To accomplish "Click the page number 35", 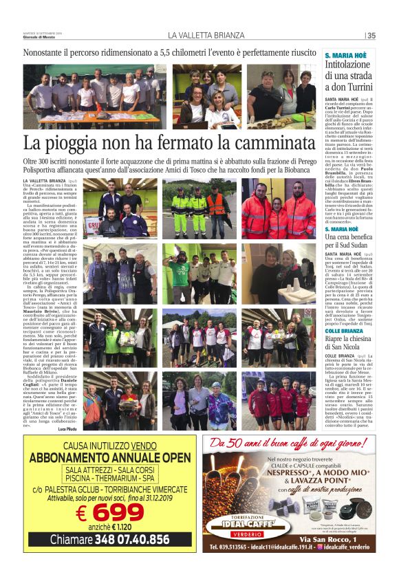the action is coord(371,36).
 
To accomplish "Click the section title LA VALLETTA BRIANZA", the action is coord(206,36).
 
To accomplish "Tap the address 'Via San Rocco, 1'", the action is coord(341,538).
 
